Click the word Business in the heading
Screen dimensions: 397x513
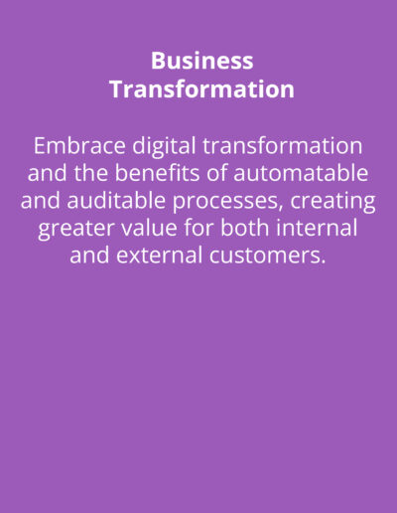click(x=202, y=61)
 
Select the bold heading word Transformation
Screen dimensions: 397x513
click(x=201, y=88)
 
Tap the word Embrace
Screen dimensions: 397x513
click(x=79, y=145)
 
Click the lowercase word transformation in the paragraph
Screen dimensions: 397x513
click(x=283, y=145)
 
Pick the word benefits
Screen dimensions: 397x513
click(x=157, y=173)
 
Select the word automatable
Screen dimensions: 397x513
click(x=301, y=173)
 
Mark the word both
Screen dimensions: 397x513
click(x=244, y=228)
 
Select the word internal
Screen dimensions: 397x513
click(x=317, y=228)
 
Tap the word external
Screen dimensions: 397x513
click(x=160, y=256)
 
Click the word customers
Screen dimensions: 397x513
click(x=265, y=256)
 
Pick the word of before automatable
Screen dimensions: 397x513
click(x=216, y=173)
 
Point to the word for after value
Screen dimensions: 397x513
click(x=198, y=228)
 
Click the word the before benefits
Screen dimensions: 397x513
click(x=90, y=173)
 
